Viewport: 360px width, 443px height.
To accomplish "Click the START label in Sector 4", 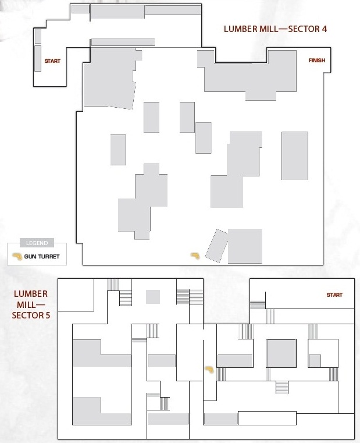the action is click(52, 61).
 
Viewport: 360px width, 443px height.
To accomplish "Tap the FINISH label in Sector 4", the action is click(317, 61).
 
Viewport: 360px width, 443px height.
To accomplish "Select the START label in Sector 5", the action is click(334, 295).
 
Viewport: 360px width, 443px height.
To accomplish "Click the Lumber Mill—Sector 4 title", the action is click(275, 29).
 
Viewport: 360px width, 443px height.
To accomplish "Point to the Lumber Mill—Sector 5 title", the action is click(31, 304).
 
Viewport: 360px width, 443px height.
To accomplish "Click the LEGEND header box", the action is click(37, 243).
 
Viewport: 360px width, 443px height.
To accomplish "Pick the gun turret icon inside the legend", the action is click(17, 256).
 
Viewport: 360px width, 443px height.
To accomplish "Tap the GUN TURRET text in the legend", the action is click(42, 257).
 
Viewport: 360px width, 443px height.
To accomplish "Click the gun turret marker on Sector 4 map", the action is click(195, 256).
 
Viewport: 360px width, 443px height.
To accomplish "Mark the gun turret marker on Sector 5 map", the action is click(209, 370).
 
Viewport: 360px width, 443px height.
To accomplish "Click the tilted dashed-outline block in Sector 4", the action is click(216, 246).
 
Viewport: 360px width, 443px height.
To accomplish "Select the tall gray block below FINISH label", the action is click(295, 155).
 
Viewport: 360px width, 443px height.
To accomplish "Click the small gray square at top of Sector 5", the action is click(153, 297).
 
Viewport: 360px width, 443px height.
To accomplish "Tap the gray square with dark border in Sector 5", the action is click(281, 353).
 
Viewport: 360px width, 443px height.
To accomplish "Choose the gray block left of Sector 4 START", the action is click(38, 58).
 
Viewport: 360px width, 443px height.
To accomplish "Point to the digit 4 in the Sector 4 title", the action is click(324, 29).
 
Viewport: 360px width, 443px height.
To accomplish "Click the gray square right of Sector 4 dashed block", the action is click(245, 246).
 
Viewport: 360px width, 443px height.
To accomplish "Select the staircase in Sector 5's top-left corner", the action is click(113, 285).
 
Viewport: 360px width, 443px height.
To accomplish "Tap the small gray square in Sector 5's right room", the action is click(315, 361).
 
